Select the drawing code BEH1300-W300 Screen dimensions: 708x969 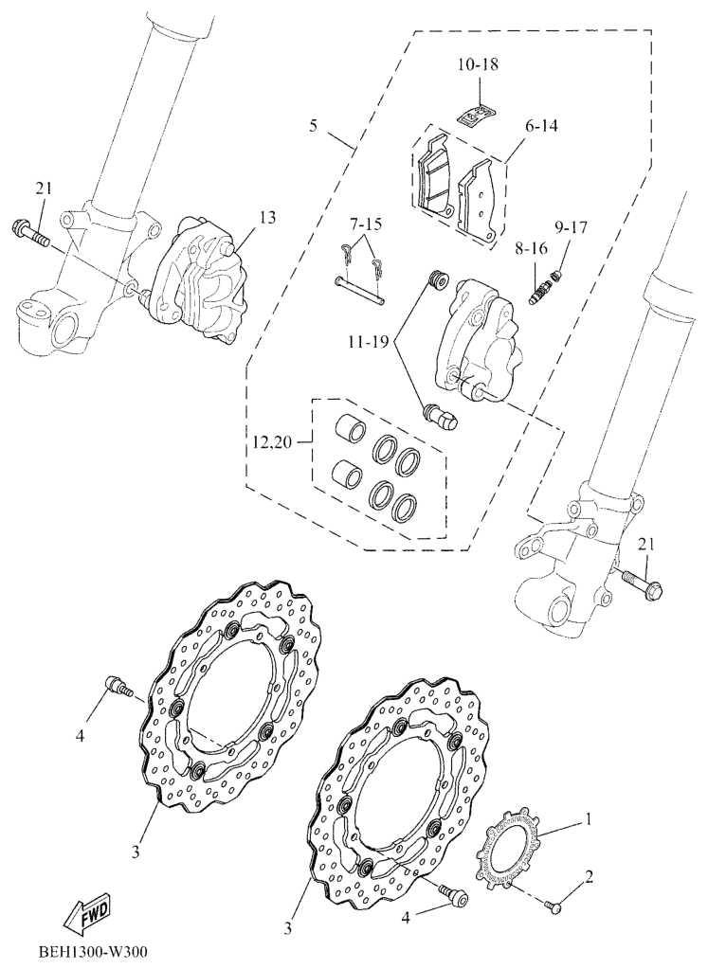tap(93, 950)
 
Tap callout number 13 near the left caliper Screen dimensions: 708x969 tap(267, 218)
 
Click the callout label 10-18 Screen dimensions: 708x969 tap(479, 63)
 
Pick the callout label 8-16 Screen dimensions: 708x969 tap(530, 249)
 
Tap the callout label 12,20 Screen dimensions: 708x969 tap(273, 442)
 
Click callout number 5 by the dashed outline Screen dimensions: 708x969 tap(314, 126)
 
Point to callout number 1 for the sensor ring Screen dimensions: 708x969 tap(588, 819)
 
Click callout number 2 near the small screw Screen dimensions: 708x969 tap(589, 876)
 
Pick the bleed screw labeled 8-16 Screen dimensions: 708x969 tap(541, 290)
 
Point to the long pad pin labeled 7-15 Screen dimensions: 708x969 tap(360, 291)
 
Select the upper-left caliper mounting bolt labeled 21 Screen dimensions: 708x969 tap(30, 232)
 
